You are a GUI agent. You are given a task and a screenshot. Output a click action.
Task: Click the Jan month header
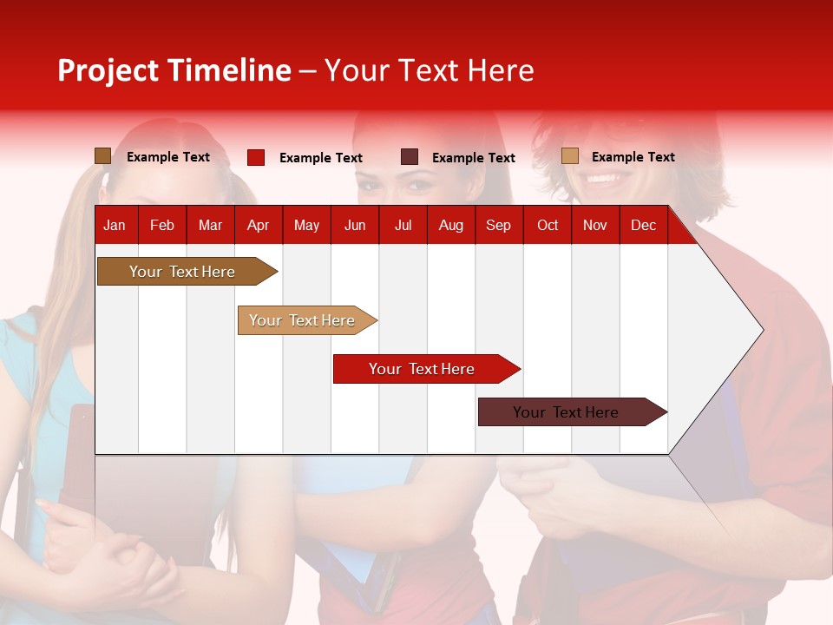pyautogui.click(x=115, y=225)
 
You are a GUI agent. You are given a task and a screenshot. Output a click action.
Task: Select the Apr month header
pyautogui.click(x=258, y=225)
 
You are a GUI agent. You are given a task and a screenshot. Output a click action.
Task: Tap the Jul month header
pyautogui.click(x=403, y=225)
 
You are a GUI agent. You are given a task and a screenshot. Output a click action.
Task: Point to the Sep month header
pyautogui.click(x=498, y=225)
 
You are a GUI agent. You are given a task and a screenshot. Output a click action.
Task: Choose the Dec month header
pyautogui.click(x=643, y=225)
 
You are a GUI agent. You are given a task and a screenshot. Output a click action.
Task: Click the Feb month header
pyautogui.click(x=162, y=225)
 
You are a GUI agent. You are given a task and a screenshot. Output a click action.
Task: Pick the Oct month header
pyautogui.click(x=548, y=225)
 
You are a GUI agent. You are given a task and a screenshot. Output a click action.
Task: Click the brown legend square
pyautogui.click(x=102, y=156)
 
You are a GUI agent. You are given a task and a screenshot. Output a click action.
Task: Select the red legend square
pyautogui.click(x=256, y=157)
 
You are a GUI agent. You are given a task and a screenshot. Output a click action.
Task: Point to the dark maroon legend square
pyautogui.click(x=410, y=157)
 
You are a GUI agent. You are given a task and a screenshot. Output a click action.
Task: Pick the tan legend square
pyautogui.click(x=569, y=156)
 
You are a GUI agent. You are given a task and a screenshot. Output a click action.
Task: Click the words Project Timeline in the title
pyautogui.click(x=174, y=70)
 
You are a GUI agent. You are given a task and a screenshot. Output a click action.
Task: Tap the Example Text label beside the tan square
pyautogui.click(x=633, y=157)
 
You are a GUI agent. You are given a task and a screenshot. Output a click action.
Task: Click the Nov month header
pyautogui.click(x=595, y=225)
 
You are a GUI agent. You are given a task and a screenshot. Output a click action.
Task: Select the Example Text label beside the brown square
pyautogui.click(x=168, y=157)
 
